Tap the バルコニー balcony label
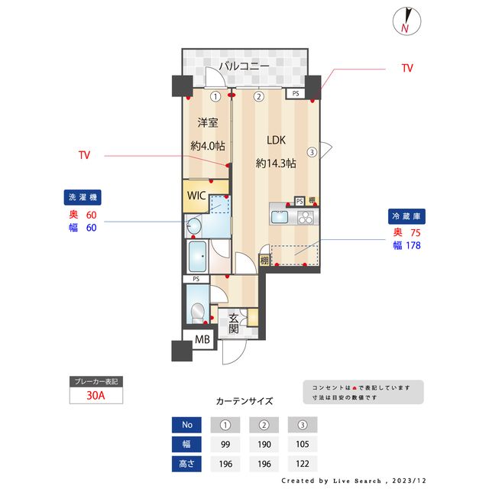pos(244,66)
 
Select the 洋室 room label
pos(209,122)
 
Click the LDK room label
pos(276,141)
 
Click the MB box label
pos(202,341)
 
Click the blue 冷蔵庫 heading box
pos(405,216)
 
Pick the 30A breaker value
pos(96,396)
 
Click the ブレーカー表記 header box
pos(96,381)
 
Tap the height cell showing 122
pos(301,463)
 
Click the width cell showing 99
pos(225,444)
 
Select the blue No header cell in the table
pos(187,425)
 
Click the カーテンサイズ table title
pos(244,400)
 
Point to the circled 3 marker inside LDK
pos(312,151)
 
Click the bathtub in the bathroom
pos(199,256)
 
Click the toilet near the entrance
pos(198,312)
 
